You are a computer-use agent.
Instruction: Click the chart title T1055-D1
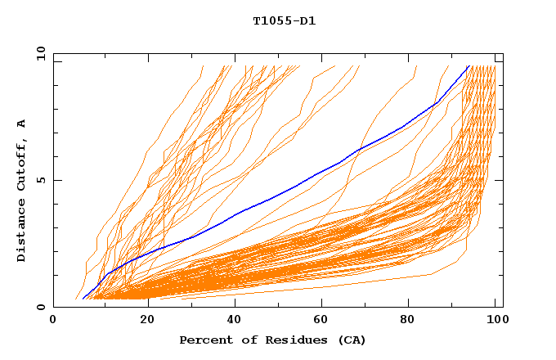point(284,21)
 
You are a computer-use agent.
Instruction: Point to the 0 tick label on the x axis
point(53,321)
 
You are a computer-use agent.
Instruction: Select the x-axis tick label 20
point(147,321)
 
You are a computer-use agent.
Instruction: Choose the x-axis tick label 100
point(495,321)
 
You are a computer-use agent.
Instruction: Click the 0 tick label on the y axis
point(41,307)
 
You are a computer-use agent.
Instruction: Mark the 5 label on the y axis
point(41,180)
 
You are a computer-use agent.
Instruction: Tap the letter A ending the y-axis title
point(22,124)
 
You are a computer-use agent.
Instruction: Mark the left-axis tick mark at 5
point(56,180)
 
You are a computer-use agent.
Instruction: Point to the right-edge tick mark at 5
point(500,180)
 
